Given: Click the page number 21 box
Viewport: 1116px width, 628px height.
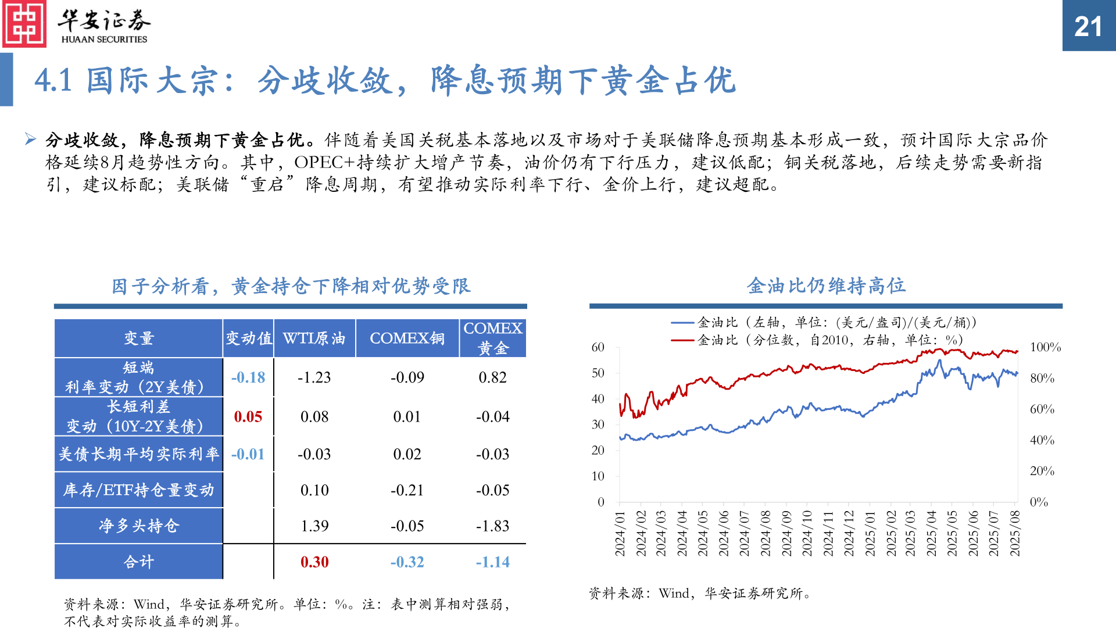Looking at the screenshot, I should [1088, 26].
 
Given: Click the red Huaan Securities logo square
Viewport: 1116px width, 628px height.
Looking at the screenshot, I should [24, 24].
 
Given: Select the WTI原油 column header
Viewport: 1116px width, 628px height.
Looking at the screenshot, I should [314, 338].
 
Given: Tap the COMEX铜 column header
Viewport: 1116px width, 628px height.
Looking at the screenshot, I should [407, 338].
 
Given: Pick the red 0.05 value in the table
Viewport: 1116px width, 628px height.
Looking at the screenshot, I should [248, 417].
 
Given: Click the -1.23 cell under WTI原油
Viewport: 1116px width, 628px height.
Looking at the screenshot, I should [314, 378].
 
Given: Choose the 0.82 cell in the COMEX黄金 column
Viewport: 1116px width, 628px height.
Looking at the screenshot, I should [492, 378].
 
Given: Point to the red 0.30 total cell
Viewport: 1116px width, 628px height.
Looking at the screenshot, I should [314, 562].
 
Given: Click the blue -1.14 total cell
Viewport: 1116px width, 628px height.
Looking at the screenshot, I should [492, 562].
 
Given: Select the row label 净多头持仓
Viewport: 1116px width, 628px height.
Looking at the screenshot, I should [139, 526].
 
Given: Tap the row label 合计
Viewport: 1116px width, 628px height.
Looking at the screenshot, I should [139, 562].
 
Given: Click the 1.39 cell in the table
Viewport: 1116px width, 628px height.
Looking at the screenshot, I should [314, 526].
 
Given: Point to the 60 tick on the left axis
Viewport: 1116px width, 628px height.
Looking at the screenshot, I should [598, 348].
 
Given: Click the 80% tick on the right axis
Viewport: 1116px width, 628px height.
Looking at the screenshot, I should [1042, 379].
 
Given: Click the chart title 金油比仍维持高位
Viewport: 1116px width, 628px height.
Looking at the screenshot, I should [826, 286].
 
